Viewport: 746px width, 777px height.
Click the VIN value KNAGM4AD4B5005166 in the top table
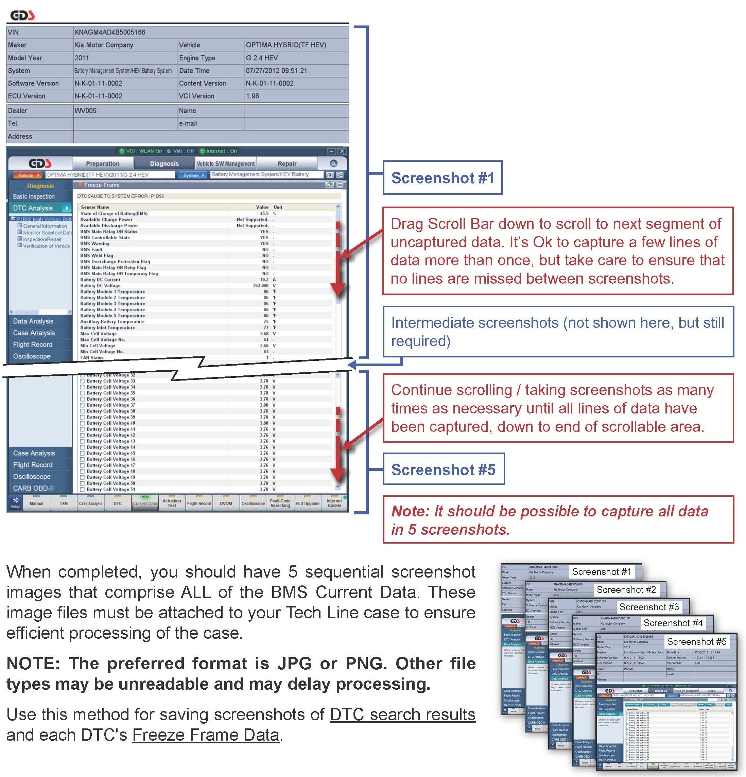coord(110,32)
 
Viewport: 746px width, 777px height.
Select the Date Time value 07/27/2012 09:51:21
coord(276,71)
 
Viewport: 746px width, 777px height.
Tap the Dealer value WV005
coord(85,111)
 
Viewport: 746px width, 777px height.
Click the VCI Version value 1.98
coord(252,96)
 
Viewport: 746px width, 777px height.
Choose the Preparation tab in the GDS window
coord(102,163)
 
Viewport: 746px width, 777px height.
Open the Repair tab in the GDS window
coord(287,163)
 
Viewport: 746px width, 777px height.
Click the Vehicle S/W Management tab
coord(226,163)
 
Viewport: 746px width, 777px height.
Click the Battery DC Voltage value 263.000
coord(261,285)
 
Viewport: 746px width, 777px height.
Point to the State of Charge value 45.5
coord(264,213)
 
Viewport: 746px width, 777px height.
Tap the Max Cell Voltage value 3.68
coord(264,333)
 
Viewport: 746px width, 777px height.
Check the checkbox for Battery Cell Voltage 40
coord(82,423)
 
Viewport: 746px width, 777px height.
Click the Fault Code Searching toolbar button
coord(280,503)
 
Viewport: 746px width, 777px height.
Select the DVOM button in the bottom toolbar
coord(226,504)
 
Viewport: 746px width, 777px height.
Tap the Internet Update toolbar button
coord(334,503)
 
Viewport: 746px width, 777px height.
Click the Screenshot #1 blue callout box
coord(442,178)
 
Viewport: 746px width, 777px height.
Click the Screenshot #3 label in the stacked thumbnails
coord(649,607)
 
